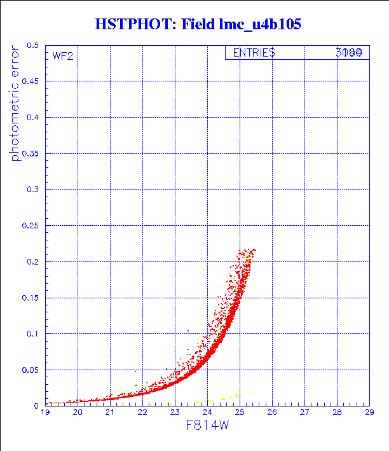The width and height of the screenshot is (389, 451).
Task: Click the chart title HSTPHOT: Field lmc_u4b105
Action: coord(197,24)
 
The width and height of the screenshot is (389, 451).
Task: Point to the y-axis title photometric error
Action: coord(16,104)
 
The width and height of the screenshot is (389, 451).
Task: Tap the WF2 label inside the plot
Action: coord(62,56)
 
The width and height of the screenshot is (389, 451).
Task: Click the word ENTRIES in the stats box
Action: coord(254,53)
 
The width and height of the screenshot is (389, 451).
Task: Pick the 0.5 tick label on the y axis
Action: coord(33,46)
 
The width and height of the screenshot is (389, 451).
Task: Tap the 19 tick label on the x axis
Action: coord(46,412)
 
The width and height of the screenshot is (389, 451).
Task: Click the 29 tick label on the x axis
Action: coord(369,412)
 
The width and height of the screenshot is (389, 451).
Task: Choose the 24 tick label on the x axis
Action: coord(207,412)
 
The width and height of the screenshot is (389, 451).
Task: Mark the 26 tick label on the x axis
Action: coord(272,412)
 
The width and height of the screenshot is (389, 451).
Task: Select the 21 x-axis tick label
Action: coord(110,412)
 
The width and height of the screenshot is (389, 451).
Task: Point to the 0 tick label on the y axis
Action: coord(38,405)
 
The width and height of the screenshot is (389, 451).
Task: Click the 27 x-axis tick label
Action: coord(304,412)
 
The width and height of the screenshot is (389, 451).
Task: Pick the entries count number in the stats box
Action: coord(349,53)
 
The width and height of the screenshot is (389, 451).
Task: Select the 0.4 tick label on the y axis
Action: coord(33,118)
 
